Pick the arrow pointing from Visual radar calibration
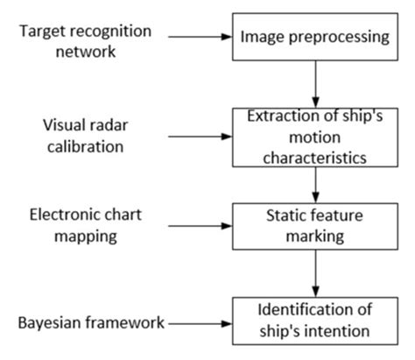pyautogui.click(x=199, y=136)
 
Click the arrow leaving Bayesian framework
pyautogui.click(x=200, y=324)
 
